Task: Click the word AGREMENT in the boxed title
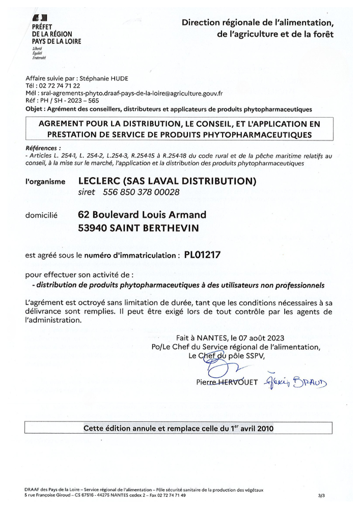click(x=64, y=124)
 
